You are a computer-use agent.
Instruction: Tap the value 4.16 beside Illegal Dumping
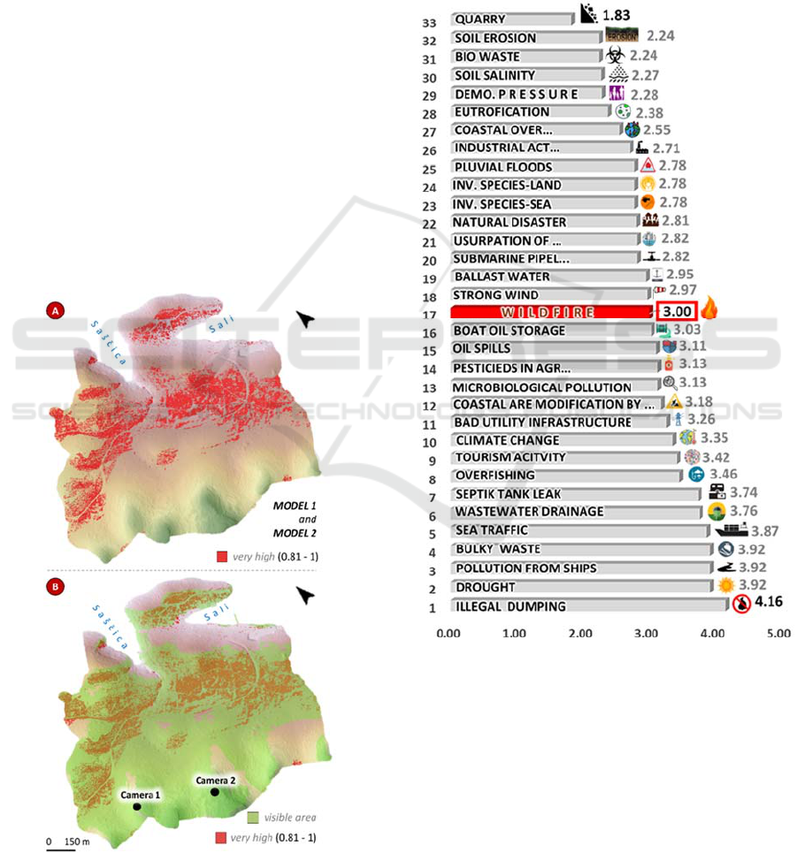pos(770,604)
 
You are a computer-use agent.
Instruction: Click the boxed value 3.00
pos(677,311)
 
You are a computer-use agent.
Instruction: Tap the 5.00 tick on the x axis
pos(778,634)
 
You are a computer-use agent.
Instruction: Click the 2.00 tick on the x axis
pos(580,634)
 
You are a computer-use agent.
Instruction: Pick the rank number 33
pos(433,19)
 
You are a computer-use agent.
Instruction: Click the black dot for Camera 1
pos(137,807)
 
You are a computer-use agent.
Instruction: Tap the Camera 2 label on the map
pos(216,781)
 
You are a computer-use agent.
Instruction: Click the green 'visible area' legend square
pos(252,817)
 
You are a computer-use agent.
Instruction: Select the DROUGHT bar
pos(579,587)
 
